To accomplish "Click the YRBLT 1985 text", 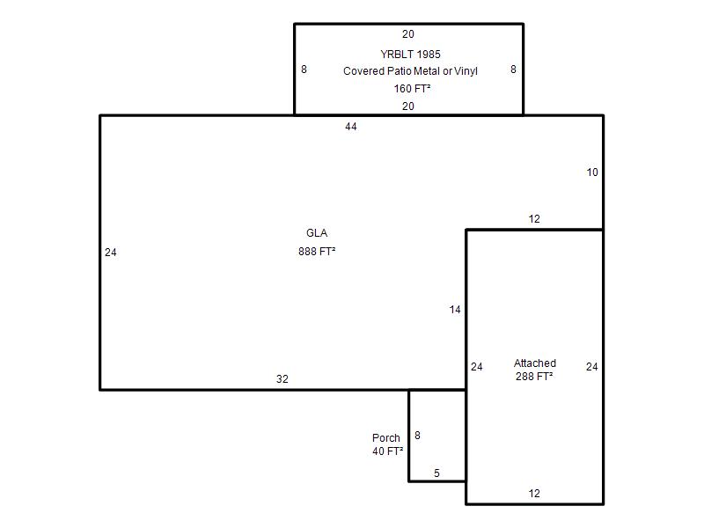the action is pos(410,55).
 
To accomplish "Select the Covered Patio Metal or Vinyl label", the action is pos(410,71).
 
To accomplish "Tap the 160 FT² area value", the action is pos(412,89).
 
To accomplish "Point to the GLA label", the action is pos(317,233).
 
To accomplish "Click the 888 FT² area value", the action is pos(317,252).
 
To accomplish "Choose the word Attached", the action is pos(535,363).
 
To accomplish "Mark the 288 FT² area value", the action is pos(534,377).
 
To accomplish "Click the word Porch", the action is pos(386,437).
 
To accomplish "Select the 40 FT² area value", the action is pos(387,451).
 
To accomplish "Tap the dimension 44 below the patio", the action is pos(351,127).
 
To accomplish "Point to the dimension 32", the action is pos(282,379).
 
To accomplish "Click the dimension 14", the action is pos(455,310).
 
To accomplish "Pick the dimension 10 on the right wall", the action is pos(592,172).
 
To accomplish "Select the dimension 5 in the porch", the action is pos(436,473).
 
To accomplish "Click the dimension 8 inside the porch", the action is pos(417,436).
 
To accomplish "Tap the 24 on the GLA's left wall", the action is pos(111,253).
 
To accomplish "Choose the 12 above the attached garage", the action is pos(534,219).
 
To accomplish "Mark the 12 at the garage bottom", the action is pos(534,494).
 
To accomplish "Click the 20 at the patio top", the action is pos(408,34).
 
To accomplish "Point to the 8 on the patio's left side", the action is pos(304,70).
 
